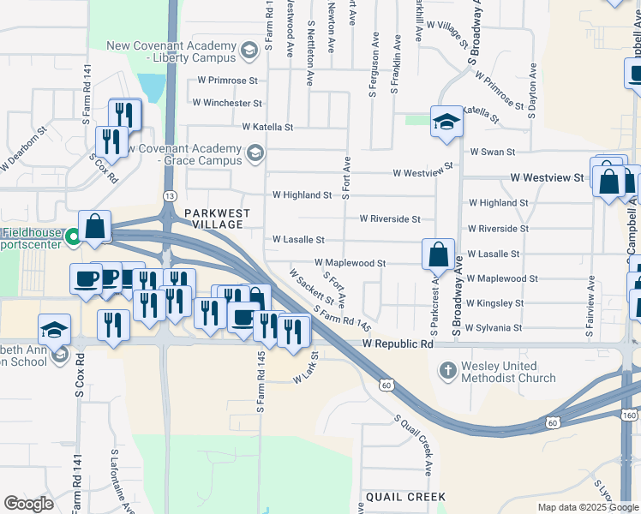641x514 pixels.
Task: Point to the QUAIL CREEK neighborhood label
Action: [405, 497]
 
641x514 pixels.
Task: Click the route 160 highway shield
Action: [630, 415]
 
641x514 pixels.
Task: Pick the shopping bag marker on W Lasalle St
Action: [438, 254]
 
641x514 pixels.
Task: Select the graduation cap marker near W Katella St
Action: [446, 123]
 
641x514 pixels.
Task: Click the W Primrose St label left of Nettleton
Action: [227, 80]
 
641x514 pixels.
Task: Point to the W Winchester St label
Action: [227, 103]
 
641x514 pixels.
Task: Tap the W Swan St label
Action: [492, 152]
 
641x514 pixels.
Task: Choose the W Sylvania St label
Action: [494, 328]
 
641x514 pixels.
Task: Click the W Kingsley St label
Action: [494, 303]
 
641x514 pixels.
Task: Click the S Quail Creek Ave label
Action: [413, 445]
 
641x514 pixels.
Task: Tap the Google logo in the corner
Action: [28, 504]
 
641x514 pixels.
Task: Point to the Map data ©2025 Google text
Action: [587, 507]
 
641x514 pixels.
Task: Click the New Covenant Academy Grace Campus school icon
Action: [254, 154]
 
